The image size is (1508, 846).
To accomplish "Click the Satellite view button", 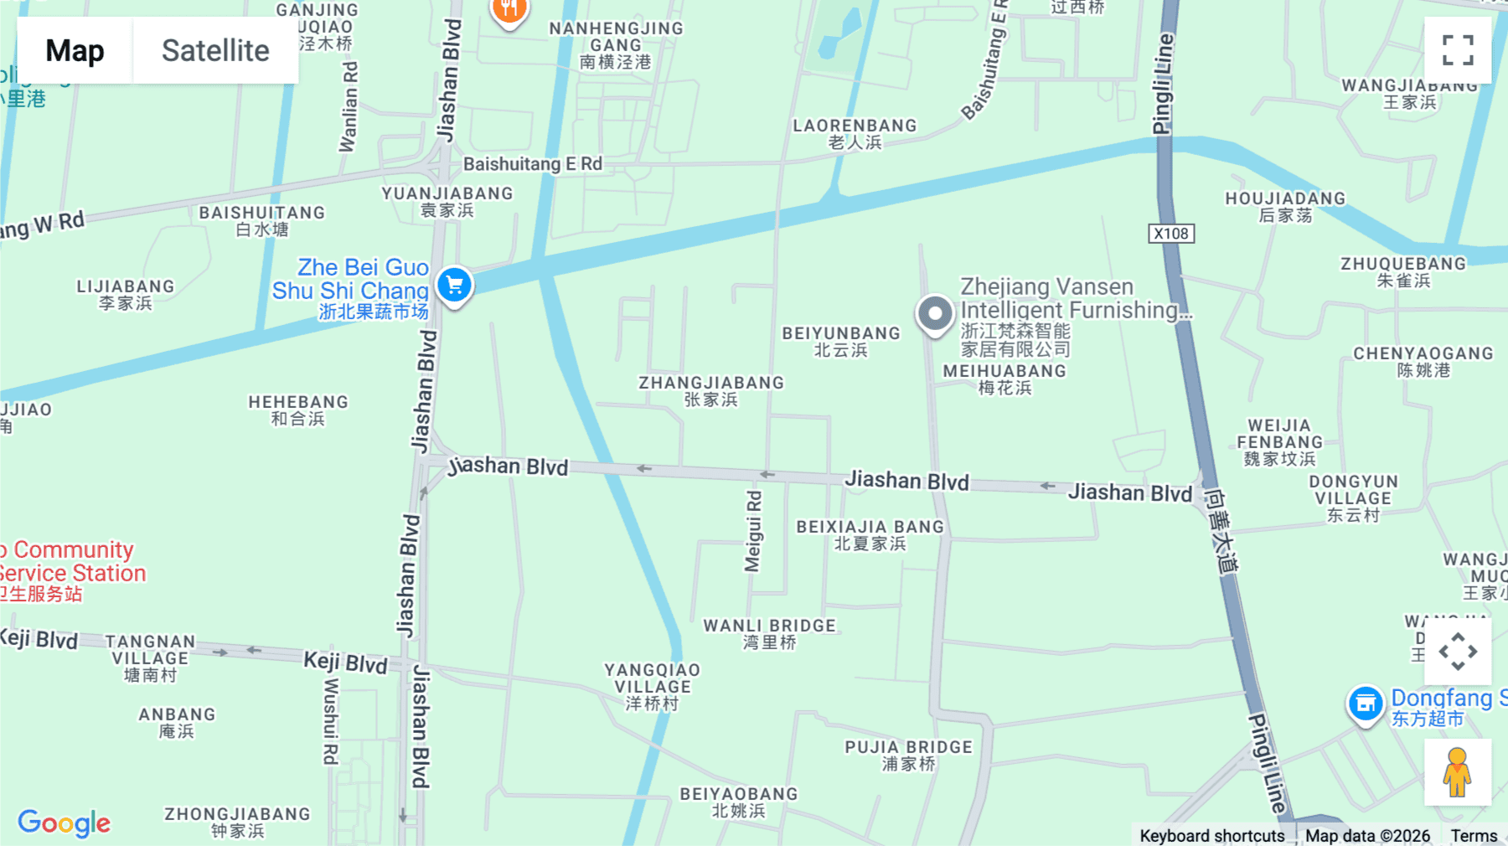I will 215,51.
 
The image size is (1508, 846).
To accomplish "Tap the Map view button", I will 75,51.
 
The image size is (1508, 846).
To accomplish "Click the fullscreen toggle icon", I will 1458,50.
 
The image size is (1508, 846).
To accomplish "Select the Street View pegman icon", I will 1457,771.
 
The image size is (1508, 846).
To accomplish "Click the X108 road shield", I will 1170,234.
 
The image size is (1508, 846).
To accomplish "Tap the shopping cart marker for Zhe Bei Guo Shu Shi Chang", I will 455,286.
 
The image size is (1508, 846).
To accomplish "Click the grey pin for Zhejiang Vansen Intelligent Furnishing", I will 935,315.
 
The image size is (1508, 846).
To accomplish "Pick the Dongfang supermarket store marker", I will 1365,704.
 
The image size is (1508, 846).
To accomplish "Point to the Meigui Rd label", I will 754,531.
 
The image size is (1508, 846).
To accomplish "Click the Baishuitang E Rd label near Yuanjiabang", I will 533,164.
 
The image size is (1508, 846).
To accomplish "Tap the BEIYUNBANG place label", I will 841,341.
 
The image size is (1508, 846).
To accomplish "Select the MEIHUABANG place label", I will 1004,379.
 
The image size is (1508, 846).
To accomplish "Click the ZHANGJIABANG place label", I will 711,390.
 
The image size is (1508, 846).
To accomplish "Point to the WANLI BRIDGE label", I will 769,633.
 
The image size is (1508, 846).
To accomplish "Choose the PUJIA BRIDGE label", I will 908,755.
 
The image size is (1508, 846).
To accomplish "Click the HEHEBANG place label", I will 298,410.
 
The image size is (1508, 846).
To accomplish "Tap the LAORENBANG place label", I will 855,133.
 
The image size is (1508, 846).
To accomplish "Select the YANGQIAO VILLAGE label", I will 652,686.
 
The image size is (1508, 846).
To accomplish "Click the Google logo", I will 65,823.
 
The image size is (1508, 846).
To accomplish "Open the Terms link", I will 1474,835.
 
